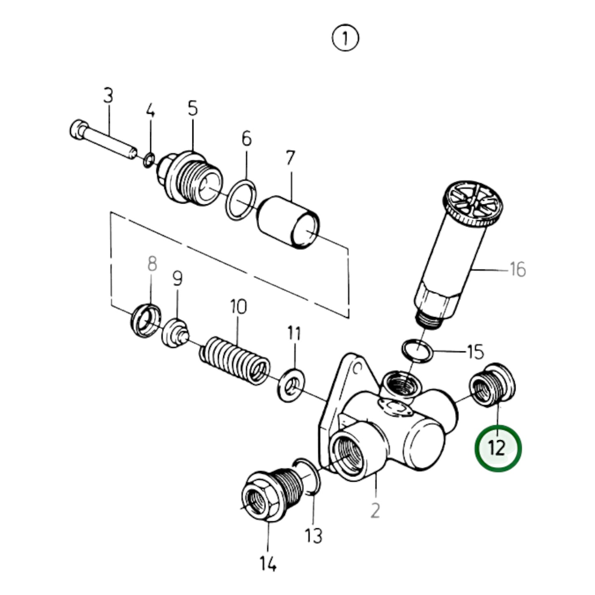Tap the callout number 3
[x=107, y=96]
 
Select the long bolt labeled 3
[x=103, y=140]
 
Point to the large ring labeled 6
[x=242, y=200]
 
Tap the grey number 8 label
[x=152, y=264]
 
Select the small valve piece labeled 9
[x=175, y=333]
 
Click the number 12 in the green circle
[x=498, y=448]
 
